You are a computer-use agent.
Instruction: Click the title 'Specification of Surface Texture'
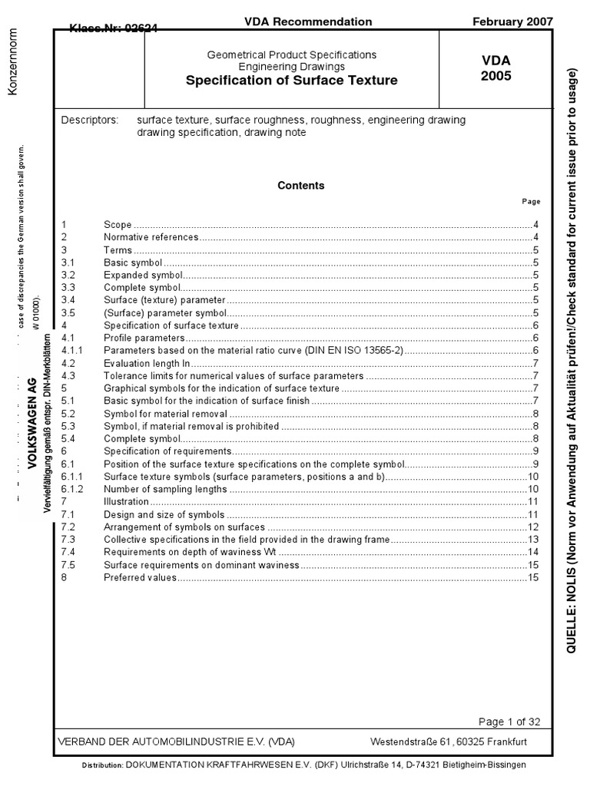pyautogui.click(x=291, y=81)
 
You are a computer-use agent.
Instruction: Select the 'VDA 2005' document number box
pyautogui.click(x=496, y=68)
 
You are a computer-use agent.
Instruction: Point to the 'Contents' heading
pyautogui.click(x=300, y=186)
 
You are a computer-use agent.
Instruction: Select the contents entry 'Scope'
pyautogui.click(x=118, y=225)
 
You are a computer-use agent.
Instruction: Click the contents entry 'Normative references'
pyautogui.click(x=151, y=237)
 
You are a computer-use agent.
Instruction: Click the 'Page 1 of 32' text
pyautogui.click(x=509, y=722)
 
